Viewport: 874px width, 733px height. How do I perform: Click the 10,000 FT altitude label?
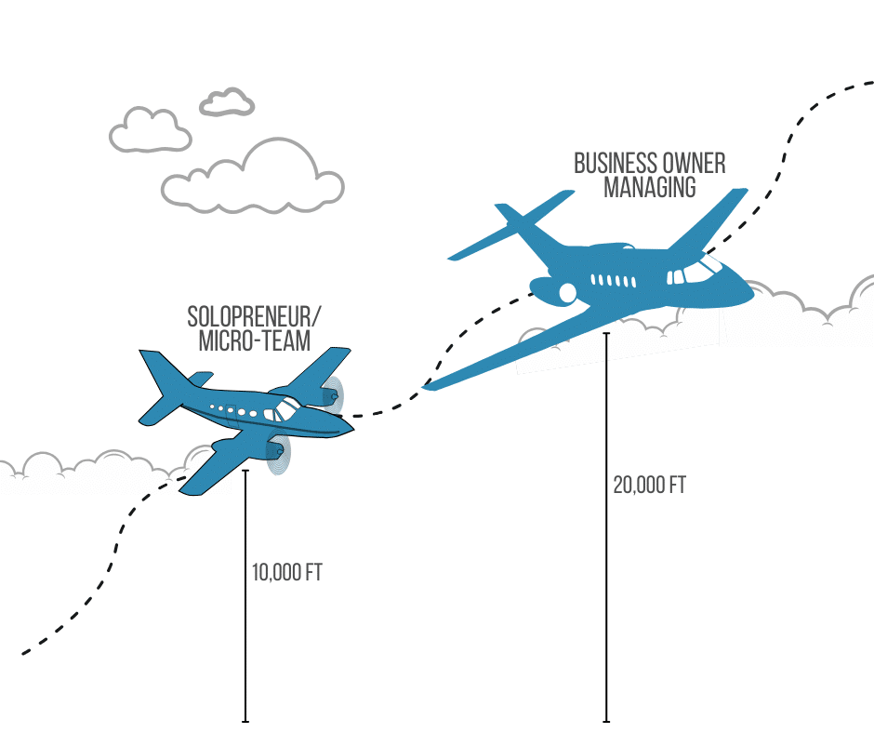coord(286,572)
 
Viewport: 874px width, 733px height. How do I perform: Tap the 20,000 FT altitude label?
coord(649,485)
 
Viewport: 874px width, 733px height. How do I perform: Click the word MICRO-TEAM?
coord(254,340)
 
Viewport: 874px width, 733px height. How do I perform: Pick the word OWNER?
coord(694,164)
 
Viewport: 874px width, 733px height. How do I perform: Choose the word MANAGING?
coord(649,187)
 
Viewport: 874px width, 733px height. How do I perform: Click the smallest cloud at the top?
coord(227,101)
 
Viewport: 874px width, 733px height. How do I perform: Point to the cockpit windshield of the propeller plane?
coord(285,407)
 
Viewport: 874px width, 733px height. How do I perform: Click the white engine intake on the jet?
coord(567,293)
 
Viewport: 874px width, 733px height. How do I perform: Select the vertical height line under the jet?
coord(606,526)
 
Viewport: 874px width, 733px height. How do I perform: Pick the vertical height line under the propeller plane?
coord(245,595)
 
